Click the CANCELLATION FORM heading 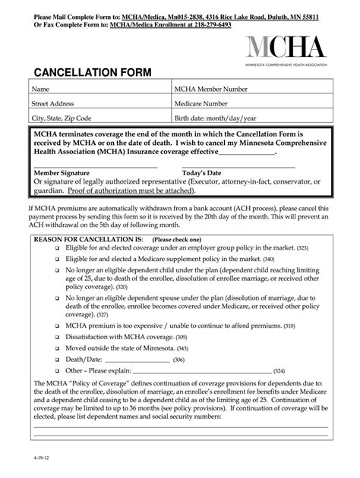tap(92, 73)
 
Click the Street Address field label tap(52, 104)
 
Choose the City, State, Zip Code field tap(61, 118)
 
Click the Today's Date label tap(201, 173)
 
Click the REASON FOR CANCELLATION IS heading tap(84, 237)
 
